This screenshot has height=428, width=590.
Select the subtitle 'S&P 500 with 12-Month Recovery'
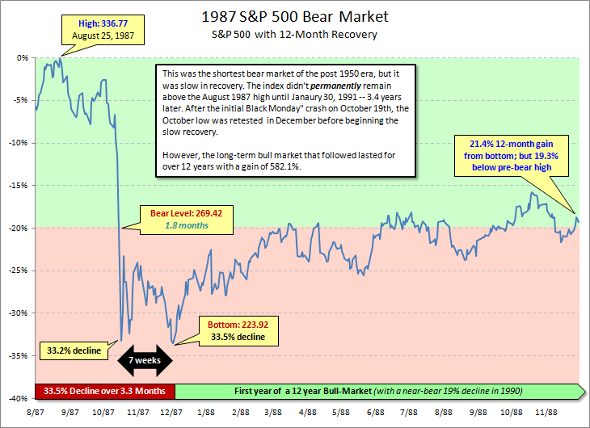[x=295, y=34]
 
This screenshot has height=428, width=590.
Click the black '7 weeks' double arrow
[x=145, y=359]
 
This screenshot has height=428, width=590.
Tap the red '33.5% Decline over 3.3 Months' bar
[x=105, y=391]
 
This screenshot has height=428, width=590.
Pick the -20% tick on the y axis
[x=20, y=228]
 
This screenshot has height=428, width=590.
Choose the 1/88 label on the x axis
[x=206, y=412]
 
